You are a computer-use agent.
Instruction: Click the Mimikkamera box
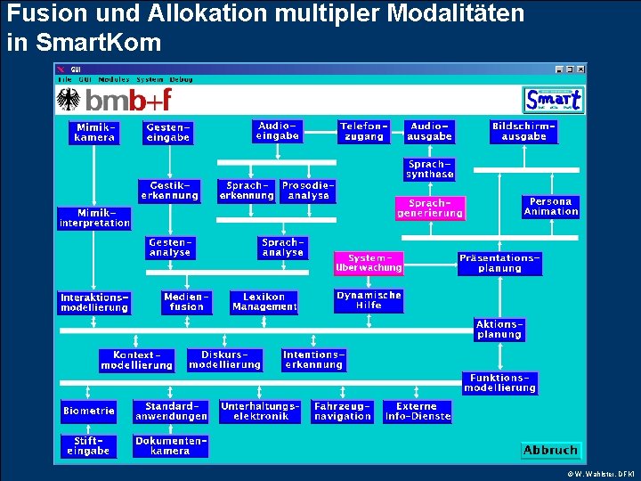coord(94,133)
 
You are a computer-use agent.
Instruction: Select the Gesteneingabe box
coord(168,133)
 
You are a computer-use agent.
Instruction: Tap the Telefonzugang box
coord(364,132)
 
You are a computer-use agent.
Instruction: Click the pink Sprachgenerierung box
coord(430,208)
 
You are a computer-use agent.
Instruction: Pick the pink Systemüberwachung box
coord(369,263)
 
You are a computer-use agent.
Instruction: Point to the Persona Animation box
coord(551,207)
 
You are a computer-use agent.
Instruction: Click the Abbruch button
coord(550,451)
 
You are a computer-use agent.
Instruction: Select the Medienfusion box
coord(187,302)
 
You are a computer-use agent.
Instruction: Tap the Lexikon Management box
coord(264,302)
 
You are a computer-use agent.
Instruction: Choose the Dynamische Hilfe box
coord(369,300)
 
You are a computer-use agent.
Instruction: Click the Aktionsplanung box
coord(499,330)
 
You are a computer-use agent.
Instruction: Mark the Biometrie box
coord(89,412)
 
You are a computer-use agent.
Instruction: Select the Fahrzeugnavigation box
coord(343,412)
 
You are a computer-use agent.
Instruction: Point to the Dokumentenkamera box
coord(170,445)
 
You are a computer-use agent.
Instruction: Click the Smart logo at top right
coord(553,99)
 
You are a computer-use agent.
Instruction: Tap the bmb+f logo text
coord(129,100)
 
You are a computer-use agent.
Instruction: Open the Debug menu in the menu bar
coord(182,79)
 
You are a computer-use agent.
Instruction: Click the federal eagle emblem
coord(69,99)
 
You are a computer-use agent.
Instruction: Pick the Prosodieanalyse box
coord(309,191)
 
